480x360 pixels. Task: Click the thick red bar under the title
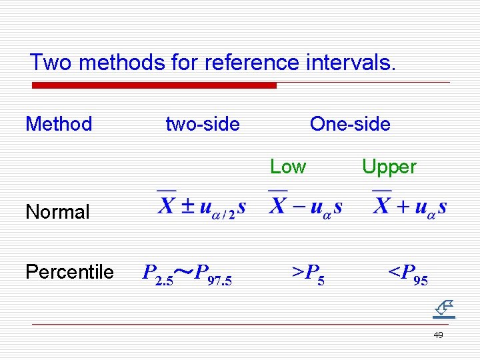pyautogui.click(x=154, y=85)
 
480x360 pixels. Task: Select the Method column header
pyautogui.click(x=59, y=124)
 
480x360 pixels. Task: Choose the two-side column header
pyautogui.click(x=203, y=124)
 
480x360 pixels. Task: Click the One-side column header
pyautogui.click(x=350, y=124)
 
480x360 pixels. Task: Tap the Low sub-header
pyautogui.click(x=288, y=167)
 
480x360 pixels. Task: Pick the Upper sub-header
pyautogui.click(x=389, y=167)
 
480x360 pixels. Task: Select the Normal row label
pyautogui.click(x=57, y=212)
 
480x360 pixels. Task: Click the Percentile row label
pyautogui.click(x=69, y=272)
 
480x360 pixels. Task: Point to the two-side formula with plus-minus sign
pyautogui.click(x=201, y=204)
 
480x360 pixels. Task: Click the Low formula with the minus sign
pyautogui.click(x=305, y=204)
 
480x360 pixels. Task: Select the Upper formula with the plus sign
pyautogui.click(x=409, y=204)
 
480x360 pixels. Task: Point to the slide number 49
pyautogui.click(x=438, y=335)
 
